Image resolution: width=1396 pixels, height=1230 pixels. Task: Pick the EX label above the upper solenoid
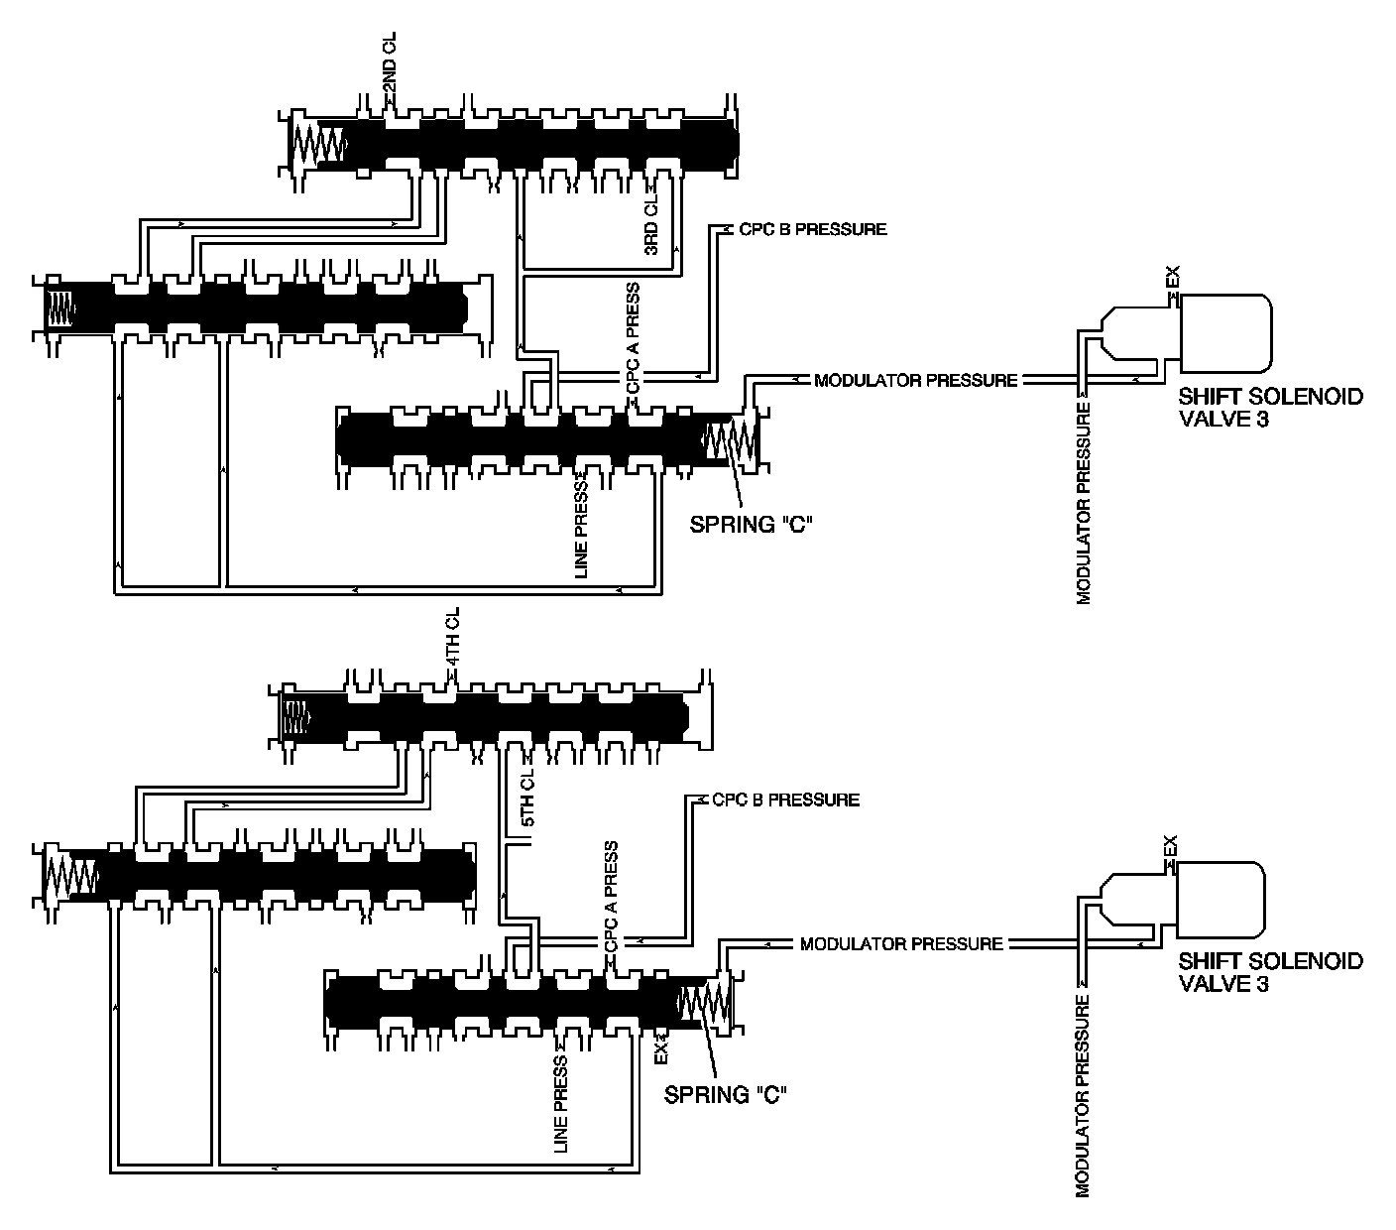point(1173,279)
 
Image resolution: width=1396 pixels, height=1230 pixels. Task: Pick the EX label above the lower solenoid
point(1171,848)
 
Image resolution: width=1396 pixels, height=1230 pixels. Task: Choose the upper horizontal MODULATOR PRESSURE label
point(915,380)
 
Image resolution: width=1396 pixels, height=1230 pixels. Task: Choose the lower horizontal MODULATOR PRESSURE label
point(901,943)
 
